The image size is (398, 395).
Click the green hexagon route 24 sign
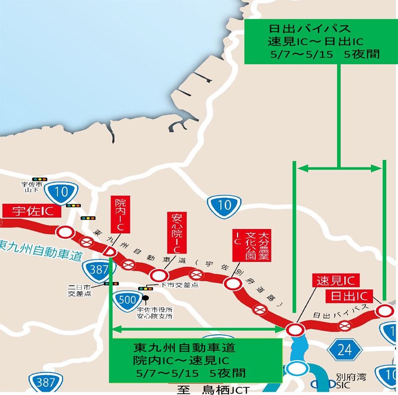(346, 349)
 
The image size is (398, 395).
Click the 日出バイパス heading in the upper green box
(310, 29)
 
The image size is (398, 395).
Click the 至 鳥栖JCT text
(210, 389)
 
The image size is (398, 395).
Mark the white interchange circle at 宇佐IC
(65, 231)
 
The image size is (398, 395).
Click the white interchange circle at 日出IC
(384, 311)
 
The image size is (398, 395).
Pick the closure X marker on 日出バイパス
(345, 325)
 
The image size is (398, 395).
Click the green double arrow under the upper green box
(339, 169)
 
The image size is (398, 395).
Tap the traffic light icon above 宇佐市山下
(39, 179)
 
